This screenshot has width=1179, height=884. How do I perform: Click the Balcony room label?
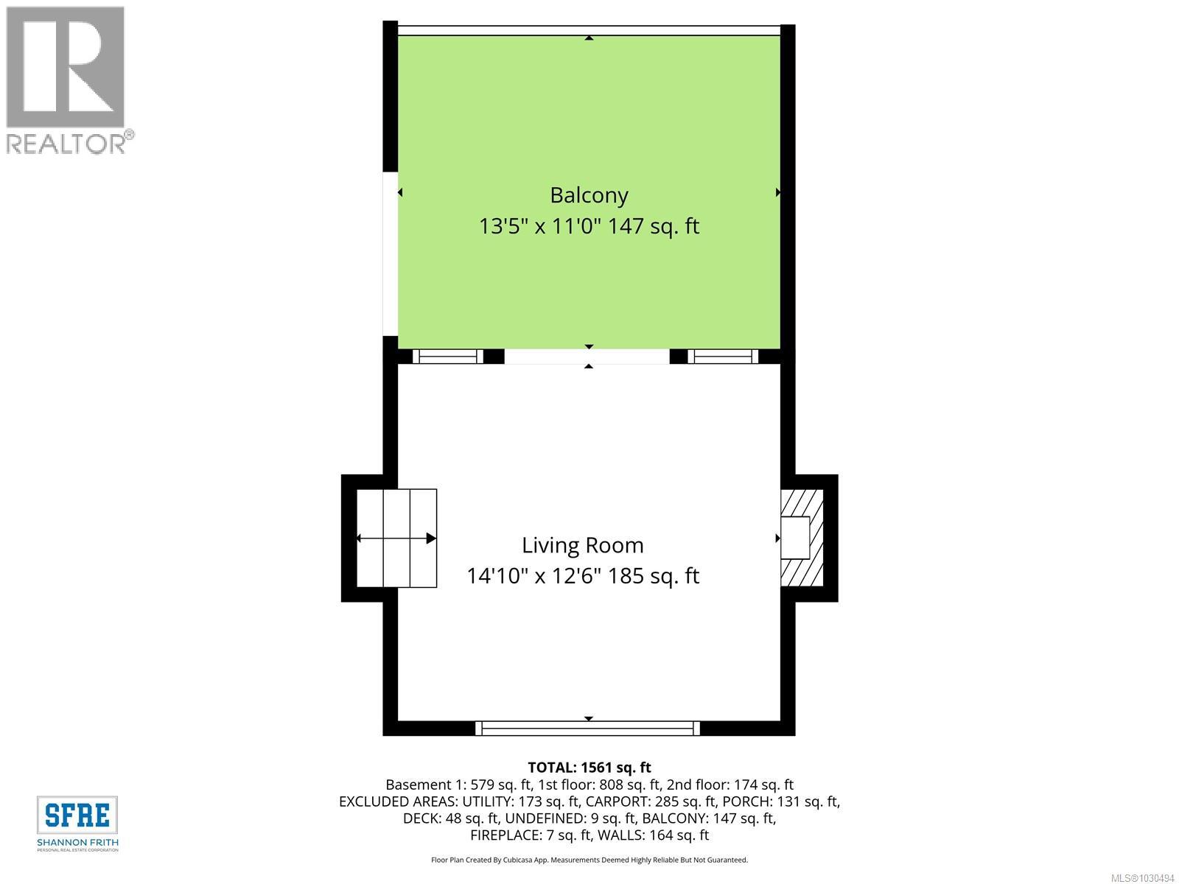click(589, 195)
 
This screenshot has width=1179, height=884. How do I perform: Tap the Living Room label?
click(582, 545)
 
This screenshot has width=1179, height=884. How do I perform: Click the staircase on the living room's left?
click(396, 539)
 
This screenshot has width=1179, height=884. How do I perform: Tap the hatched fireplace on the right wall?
click(800, 539)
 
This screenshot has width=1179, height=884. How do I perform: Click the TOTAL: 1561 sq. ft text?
click(589, 768)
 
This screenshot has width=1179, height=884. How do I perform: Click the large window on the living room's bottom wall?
click(588, 729)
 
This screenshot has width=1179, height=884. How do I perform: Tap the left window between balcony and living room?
click(447, 357)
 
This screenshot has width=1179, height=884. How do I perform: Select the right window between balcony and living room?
click(723, 357)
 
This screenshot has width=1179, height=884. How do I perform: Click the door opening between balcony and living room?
click(587, 357)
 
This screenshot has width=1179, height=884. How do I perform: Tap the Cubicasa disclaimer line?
click(589, 860)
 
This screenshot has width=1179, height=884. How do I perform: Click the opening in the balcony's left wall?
click(390, 254)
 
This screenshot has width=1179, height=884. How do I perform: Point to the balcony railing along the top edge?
click(588, 30)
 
